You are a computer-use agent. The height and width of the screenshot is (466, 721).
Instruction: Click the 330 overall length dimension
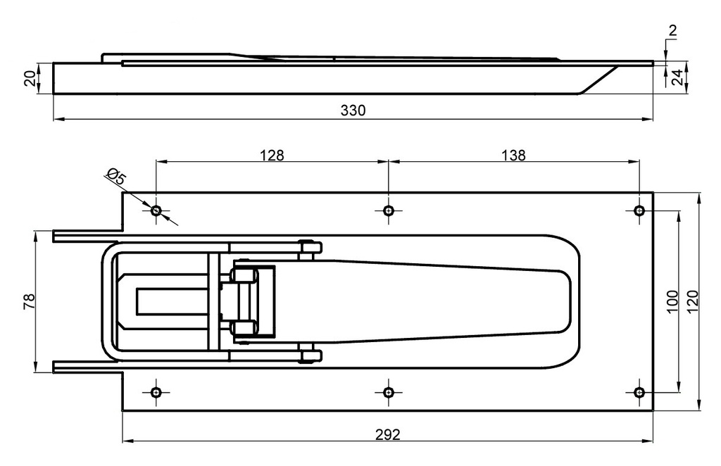353,111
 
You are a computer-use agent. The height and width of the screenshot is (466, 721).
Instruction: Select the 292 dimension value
387,434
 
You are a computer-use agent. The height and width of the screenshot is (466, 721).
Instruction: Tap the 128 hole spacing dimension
272,156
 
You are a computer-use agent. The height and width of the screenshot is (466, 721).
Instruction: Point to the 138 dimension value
514,156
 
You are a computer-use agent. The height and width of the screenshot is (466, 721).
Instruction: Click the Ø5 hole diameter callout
115,177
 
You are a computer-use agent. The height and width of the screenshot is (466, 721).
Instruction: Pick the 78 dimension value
29,301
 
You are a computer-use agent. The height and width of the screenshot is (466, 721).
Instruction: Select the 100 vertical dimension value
671,301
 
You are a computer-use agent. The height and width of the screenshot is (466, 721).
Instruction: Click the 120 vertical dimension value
691,301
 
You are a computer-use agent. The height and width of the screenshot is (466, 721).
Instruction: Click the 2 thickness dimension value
672,30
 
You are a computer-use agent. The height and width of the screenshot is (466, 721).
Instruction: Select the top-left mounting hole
156,210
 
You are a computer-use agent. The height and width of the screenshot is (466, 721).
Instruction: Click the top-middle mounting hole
388,210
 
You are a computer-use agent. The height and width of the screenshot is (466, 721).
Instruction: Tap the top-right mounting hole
639,210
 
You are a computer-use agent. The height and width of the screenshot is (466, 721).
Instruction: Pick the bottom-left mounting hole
156,392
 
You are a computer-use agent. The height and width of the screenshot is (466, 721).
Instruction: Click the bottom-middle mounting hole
388,392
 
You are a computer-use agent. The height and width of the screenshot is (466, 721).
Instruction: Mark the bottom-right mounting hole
639,392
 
